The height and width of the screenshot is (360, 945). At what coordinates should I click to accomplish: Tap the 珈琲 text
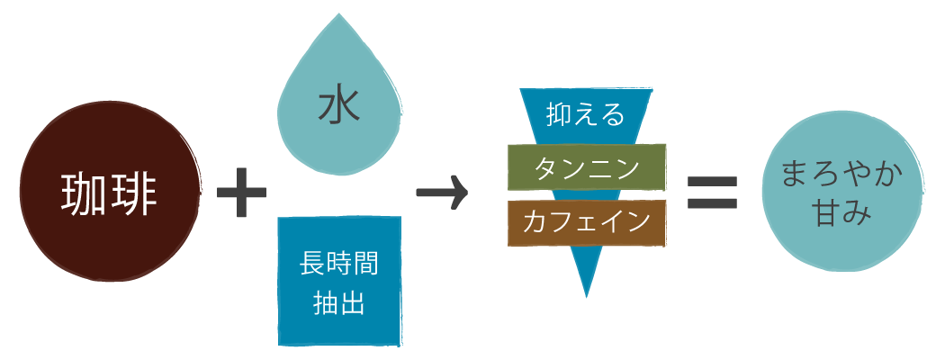tap(108, 193)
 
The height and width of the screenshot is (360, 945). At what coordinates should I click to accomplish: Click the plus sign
tap(241, 193)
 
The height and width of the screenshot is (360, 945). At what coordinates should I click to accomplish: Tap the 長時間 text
tap(338, 265)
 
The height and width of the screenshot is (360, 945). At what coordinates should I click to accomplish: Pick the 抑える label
tap(586, 113)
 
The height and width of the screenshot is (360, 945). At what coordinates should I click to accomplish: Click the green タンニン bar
tap(586, 167)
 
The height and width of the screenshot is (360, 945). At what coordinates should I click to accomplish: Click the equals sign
tap(712, 192)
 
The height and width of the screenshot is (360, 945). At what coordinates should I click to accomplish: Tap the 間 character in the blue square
tap(365, 265)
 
